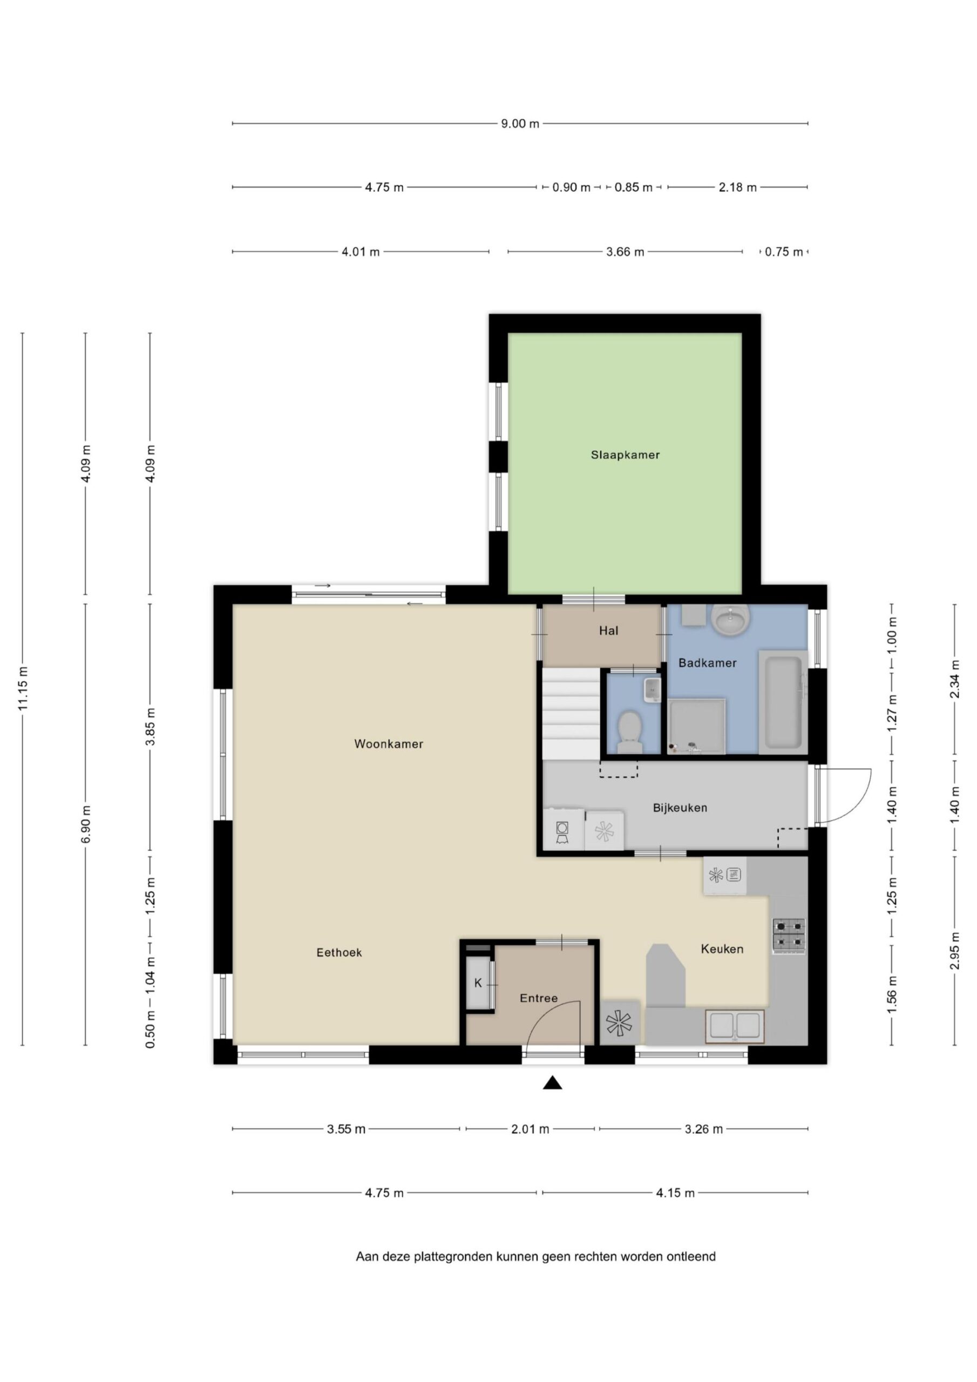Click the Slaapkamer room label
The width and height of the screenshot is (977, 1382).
pyautogui.click(x=625, y=455)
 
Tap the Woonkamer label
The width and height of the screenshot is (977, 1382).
pyautogui.click(x=388, y=744)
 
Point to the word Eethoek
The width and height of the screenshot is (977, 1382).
pyautogui.click(x=339, y=952)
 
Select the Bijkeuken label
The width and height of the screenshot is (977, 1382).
pyautogui.click(x=680, y=808)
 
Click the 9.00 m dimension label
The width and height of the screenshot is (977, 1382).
pyautogui.click(x=520, y=124)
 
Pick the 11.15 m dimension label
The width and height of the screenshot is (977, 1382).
pyautogui.click(x=23, y=689)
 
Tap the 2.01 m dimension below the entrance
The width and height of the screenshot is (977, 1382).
pyautogui.click(x=530, y=1129)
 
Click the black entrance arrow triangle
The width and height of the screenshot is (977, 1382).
pyautogui.click(x=552, y=1083)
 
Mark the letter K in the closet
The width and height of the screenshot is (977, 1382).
pyautogui.click(x=478, y=983)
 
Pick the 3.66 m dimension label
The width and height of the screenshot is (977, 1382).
pyautogui.click(x=625, y=252)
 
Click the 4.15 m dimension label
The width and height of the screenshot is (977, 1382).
pyautogui.click(x=675, y=1193)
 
